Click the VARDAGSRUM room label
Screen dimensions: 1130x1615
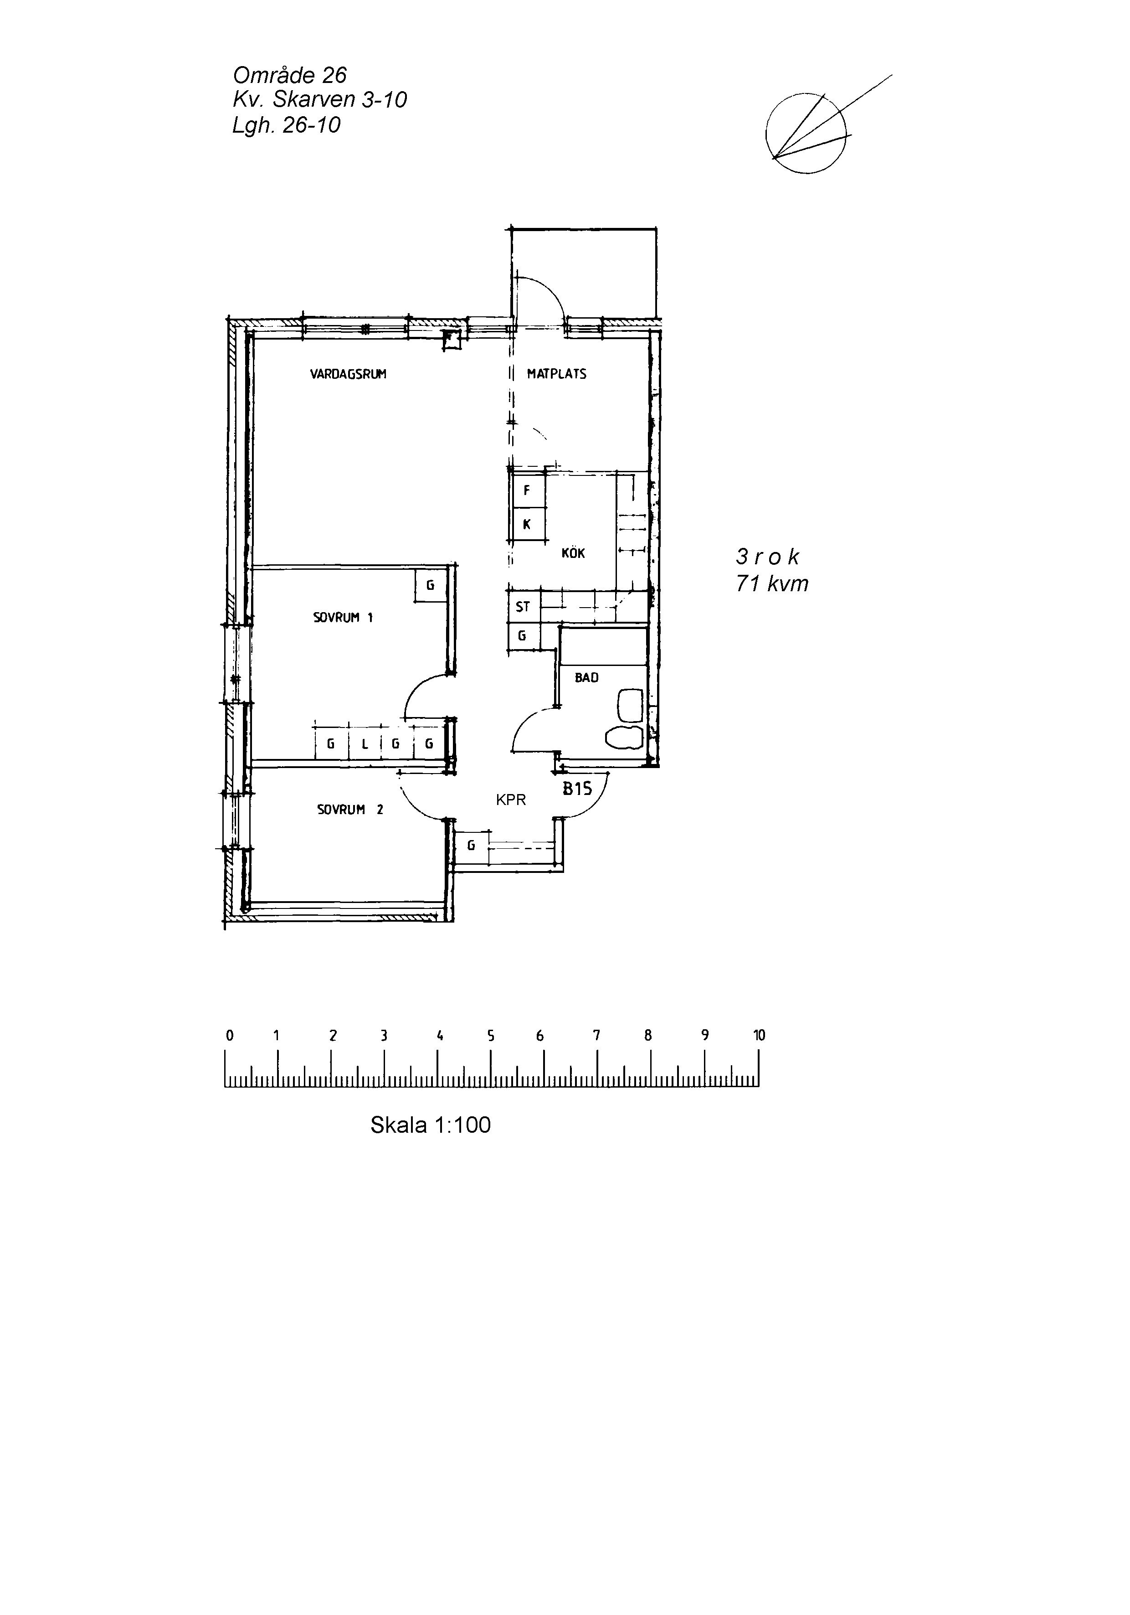pyautogui.click(x=348, y=374)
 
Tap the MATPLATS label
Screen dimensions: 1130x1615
pyautogui.click(x=556, y=374)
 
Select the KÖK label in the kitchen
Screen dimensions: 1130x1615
pyautogui.click(x=573, y=553)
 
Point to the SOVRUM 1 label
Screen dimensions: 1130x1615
pyautogui.click(x=343, y=618)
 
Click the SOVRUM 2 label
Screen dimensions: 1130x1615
pyautogui.click(x=350, y=810)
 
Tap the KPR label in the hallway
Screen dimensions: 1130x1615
pyautogui.click(x=510, y=800)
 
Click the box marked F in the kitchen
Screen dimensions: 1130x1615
pyautogui.click(x=527, y=491)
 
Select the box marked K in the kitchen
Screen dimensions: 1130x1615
pyautogui.click(x=527, y=524)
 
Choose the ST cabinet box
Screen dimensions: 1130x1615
pyautogui.click(x=523, y=606)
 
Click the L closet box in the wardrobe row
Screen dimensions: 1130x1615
pyautogui.click(x=365, y=743)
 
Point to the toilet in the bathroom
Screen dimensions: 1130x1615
pyautogui.click(x=624, y=737)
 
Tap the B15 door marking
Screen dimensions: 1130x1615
pyautogui.click(x=577, y=789)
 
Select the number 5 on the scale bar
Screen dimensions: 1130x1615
pyautogui.click(x=491, y=1035)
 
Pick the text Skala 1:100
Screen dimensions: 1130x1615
pyautogui.click(x=430, y=1125)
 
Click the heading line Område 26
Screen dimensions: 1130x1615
pyautogui.click(x=290, y=75)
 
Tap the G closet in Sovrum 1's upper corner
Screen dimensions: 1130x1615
pyautogui.click(x=430, y=585)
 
